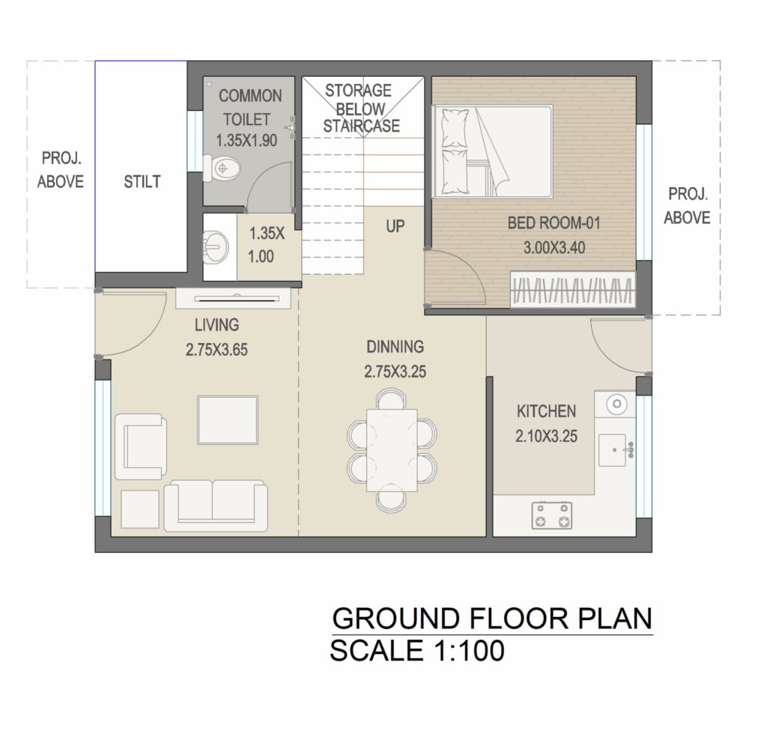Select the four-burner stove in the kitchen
tap(552, 515)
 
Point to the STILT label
tap(142, 182)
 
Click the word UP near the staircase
tap(395, 226)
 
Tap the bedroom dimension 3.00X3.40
tap(554, 248)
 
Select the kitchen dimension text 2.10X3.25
tap(546, 436)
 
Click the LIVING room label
tap(216, 325)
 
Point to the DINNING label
tap(395, 347)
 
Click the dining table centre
tap(392, 450)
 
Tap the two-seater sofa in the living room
tap(216, 506)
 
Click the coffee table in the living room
tap(228, 420)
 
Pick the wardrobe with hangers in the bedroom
tap(573, 289)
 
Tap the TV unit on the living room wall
tap(234, 299)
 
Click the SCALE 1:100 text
tap(417, 651)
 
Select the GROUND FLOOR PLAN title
tap(492, 619)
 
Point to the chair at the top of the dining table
tap(391, 398)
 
